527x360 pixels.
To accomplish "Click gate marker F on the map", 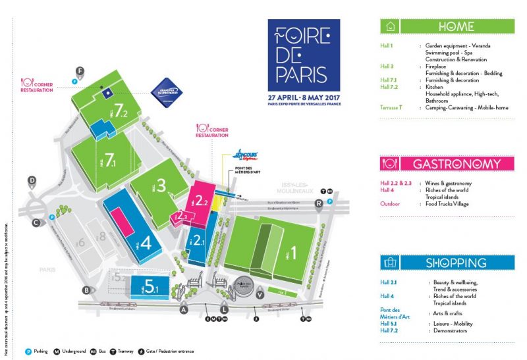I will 80,70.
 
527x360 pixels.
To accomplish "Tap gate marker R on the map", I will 319,203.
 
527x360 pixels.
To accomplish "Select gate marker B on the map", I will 86,290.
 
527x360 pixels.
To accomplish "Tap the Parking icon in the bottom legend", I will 28,351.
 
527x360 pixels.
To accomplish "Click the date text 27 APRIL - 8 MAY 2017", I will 304,96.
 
